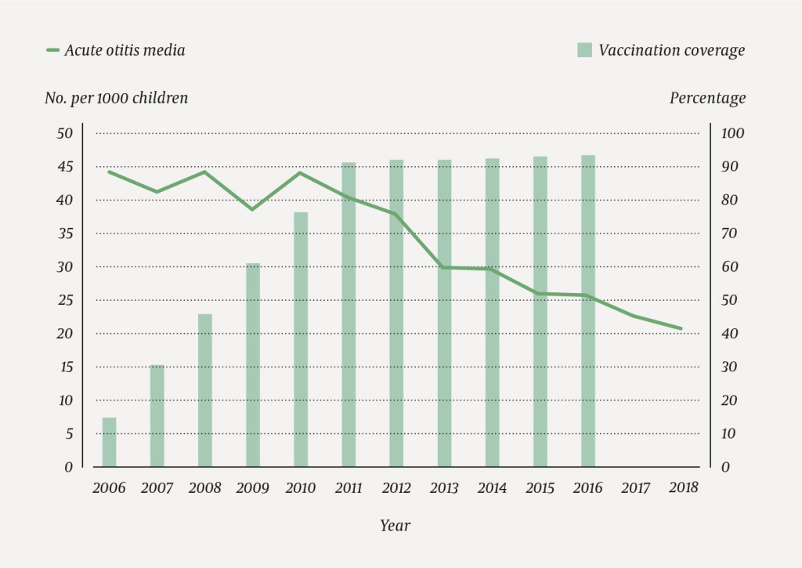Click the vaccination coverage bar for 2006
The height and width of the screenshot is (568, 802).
coord(110,442)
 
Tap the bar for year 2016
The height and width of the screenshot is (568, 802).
coord(587,311)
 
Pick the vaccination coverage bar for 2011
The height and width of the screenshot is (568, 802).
coord(349,314)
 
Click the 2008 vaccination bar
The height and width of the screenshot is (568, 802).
coord(205,390)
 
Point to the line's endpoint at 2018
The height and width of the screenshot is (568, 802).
coord(681,328)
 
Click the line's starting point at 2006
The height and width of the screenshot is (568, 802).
coord(110,172)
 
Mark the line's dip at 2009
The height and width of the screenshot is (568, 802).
coord(253,209)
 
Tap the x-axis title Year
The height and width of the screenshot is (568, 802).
coord(396,526)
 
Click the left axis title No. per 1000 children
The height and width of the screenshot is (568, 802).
coord(116,98)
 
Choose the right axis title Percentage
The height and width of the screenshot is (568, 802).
coord(707,98)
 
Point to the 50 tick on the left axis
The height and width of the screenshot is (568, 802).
coord(64,133)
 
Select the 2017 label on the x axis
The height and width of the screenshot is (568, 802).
coord(635,488)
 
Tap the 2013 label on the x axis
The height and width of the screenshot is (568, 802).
coord(444,488)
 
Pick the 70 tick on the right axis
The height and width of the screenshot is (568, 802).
coord(729,233)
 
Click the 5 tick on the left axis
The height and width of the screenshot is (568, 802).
coord(68,433)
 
